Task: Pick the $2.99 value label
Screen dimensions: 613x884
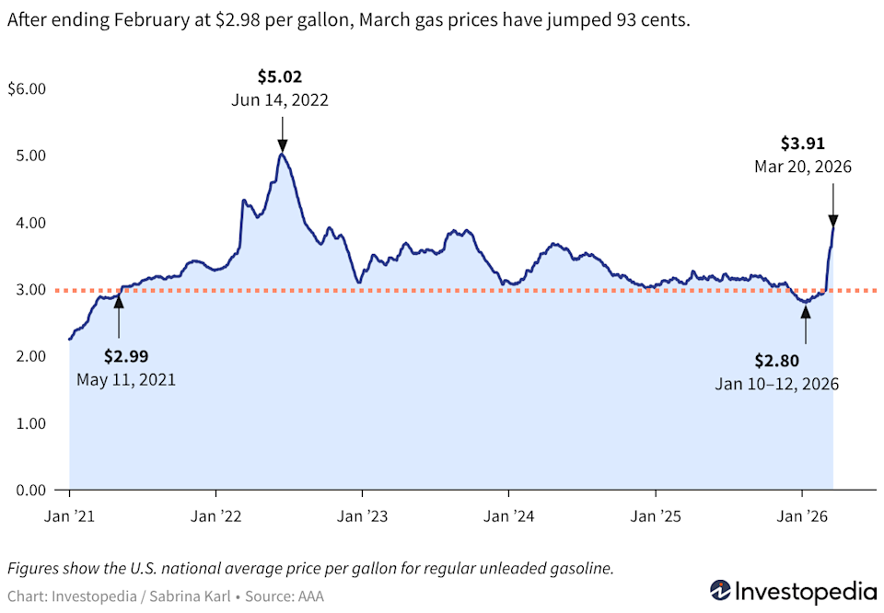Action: (x=126, y=355)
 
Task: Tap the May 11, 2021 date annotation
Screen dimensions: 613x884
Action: (x=126, y=378)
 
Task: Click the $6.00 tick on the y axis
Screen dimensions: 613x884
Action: (x=27, y=89)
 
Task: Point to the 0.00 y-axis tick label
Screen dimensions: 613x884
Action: (x=31, y=490)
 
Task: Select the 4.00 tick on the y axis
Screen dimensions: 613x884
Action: (x=31, y=223)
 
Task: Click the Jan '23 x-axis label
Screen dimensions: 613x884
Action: (x=362, y=515)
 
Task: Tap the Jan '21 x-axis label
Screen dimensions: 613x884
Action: (x=70, y=515)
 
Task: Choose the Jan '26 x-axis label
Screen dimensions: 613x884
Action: (x=801, y=515)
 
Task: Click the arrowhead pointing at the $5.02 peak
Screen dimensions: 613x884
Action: (x=282, y=145)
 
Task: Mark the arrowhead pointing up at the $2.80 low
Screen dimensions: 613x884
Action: (x=806, y=310)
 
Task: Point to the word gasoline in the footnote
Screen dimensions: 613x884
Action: (x=580, y=568)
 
